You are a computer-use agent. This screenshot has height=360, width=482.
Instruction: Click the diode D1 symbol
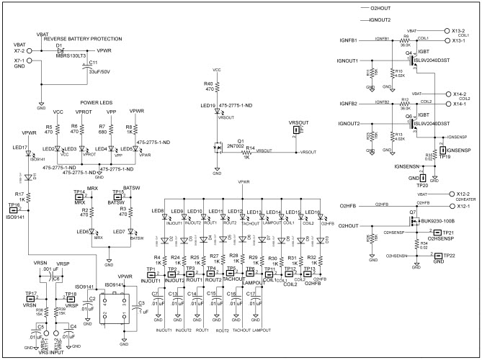[x=71, y=50]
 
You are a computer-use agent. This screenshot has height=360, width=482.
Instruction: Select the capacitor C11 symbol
[x=85, y=71]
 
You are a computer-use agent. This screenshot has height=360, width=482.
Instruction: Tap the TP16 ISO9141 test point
[x=14, y=212]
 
